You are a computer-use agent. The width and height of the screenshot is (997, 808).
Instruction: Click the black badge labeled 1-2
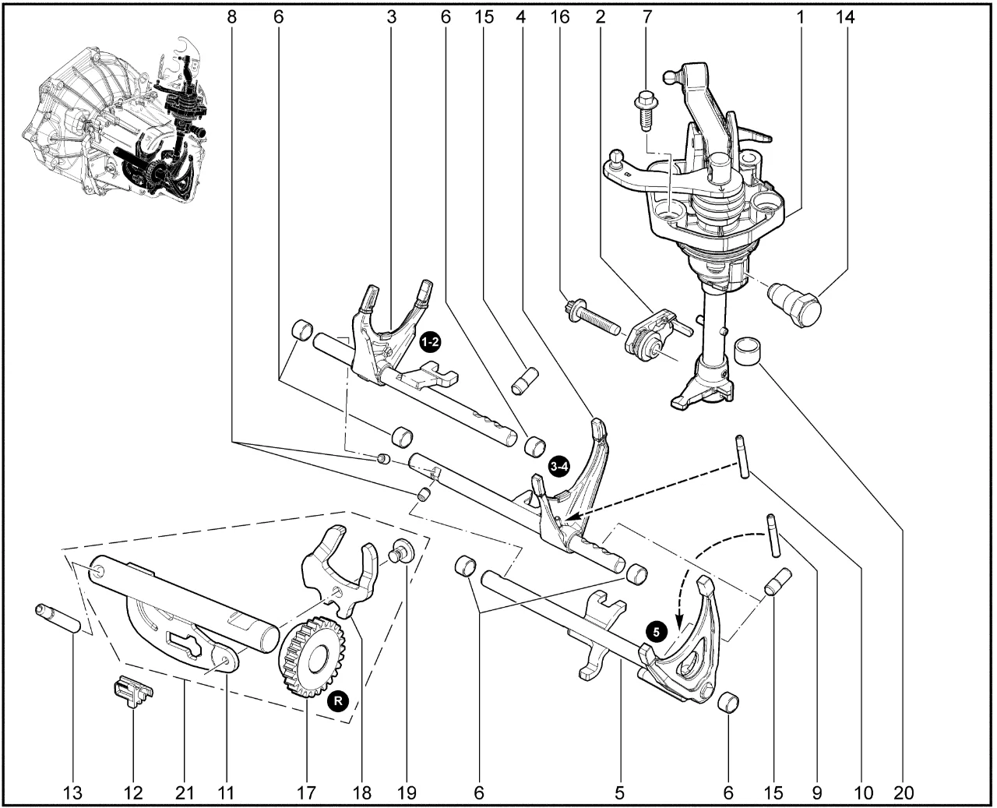pos(430,341)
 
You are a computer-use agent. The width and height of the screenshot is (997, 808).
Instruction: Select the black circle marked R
pos(337,701)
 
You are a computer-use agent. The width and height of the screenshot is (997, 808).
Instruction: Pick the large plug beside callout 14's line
pos(795,305)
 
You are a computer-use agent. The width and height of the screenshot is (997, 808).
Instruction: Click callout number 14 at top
pos(845,16)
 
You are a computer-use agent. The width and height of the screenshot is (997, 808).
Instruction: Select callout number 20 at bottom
pos(904,793)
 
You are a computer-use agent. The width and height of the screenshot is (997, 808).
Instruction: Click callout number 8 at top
pos(231,16)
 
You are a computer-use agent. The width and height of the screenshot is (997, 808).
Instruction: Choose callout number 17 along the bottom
pos(306,793)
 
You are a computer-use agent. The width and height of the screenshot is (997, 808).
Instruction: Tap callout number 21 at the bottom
pos(184,793)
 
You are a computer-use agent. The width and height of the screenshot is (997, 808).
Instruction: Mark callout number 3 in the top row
pos(391,16)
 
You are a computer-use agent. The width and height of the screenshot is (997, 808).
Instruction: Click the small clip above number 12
pos(131,690)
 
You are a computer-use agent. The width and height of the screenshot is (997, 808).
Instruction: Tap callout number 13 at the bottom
pos(72,793)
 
